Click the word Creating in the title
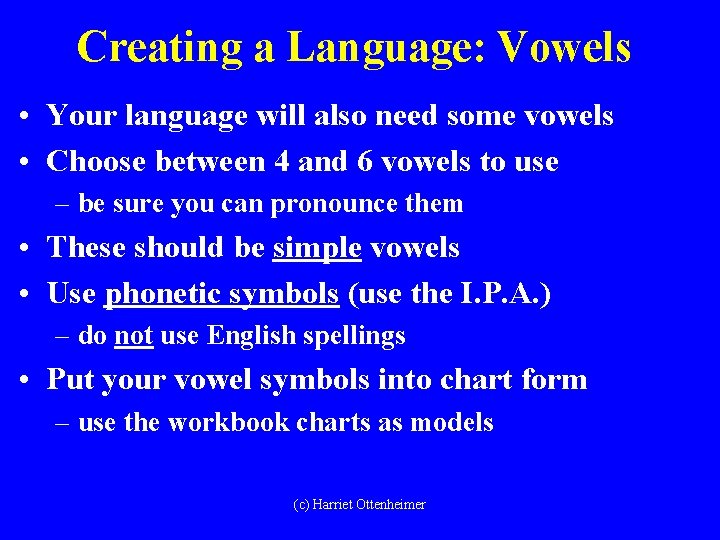(x=157, y=47)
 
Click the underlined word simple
(x=317, y=247)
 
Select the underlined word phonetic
(x=164, y=293)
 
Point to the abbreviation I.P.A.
(x=504, y=293)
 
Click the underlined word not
(x=133, y=336)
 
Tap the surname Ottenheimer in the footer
(x=391, y=505)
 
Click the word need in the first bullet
(x=406, y=116)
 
